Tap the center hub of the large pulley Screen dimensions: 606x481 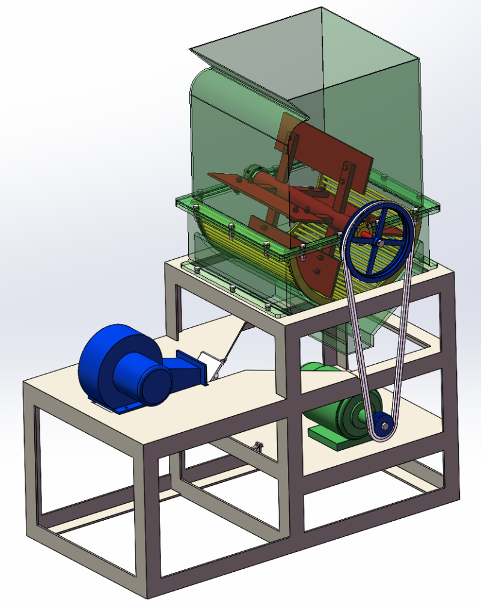[x=379, y=242]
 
